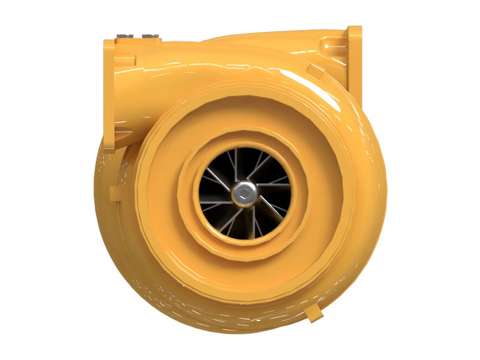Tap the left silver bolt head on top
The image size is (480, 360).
125,37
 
